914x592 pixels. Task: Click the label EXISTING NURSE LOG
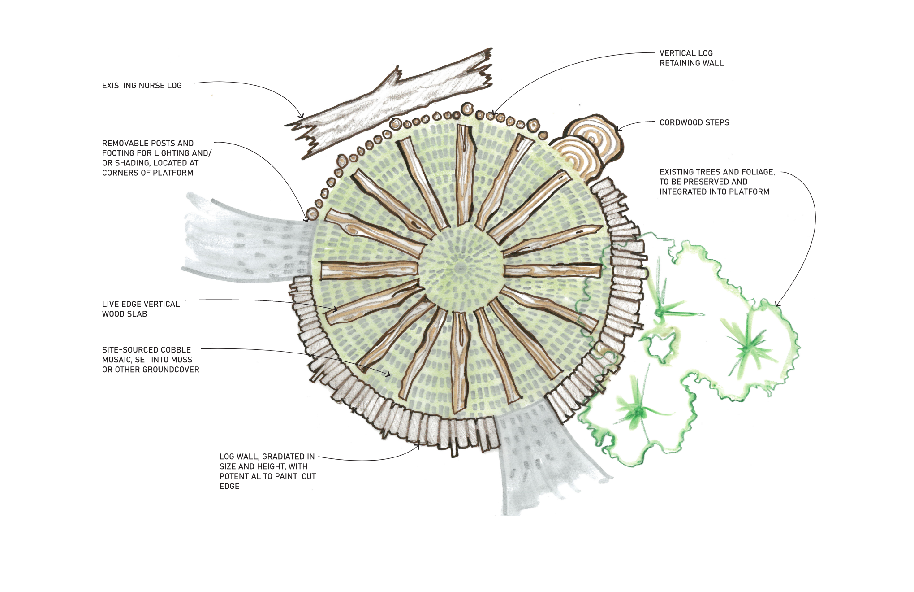pos(142,86)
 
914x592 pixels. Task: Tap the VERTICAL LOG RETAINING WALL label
pos(691,58)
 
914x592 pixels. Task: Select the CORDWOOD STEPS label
pos(694,122)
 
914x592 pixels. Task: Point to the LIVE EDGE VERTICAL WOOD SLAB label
pos(141,309)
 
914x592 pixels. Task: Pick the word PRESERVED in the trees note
pos(703,182)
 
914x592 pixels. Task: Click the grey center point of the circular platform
pos(461,268)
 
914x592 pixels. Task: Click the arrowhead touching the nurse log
pos(302,116)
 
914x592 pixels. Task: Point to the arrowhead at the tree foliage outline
pos(777,305)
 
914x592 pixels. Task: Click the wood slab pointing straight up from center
pos(463,175)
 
